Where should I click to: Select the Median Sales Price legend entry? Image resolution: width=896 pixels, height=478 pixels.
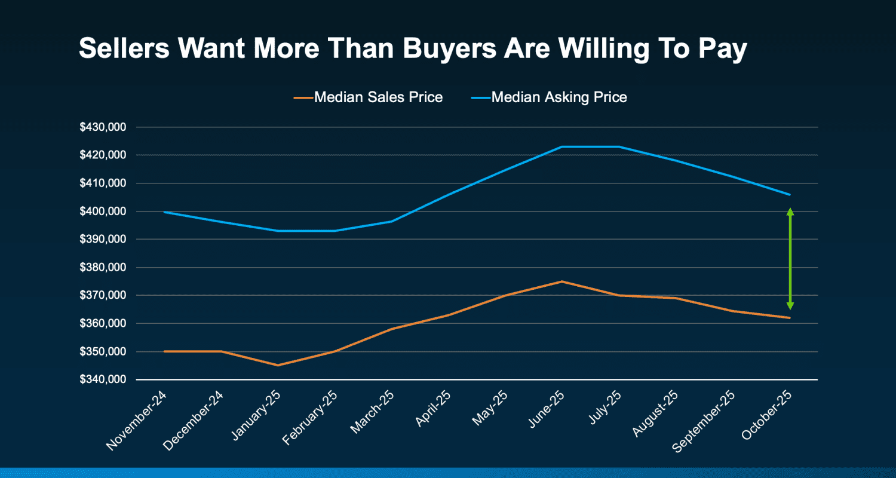point(378,97)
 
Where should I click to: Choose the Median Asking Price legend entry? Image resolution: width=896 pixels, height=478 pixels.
point(559,97)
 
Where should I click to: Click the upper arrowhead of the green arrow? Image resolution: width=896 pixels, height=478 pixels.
point(790,212)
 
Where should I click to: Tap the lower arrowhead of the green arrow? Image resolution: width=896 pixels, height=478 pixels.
point(790,306)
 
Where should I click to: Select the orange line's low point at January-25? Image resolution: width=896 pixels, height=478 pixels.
point(277,365)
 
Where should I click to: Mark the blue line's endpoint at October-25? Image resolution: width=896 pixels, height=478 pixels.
point(790,195)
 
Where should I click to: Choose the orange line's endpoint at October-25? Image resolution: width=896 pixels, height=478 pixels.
point(790,318)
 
